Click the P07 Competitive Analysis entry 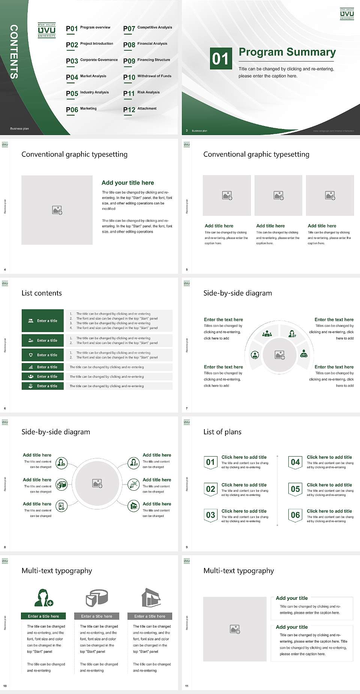[148, 28]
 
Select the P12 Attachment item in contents [140, 109]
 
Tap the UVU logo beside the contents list [46, 30]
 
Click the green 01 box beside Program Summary [220, 58]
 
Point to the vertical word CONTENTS [14, 52]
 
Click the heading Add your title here [127, 183]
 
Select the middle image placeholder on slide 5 [278, 195]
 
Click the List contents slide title [42, 293]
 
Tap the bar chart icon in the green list [31, 367]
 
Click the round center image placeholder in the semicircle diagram [279, 355]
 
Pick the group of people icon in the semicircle [267, 333]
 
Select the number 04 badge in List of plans [295, 462]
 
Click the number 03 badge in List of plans [210, 515]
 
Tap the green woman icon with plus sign [43, 598]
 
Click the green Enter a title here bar [43, 616]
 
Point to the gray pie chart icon [97, 598]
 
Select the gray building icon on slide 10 [151, 598]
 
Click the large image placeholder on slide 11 [235, 629]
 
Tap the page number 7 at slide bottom [187, 408]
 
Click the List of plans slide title [222, 432]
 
